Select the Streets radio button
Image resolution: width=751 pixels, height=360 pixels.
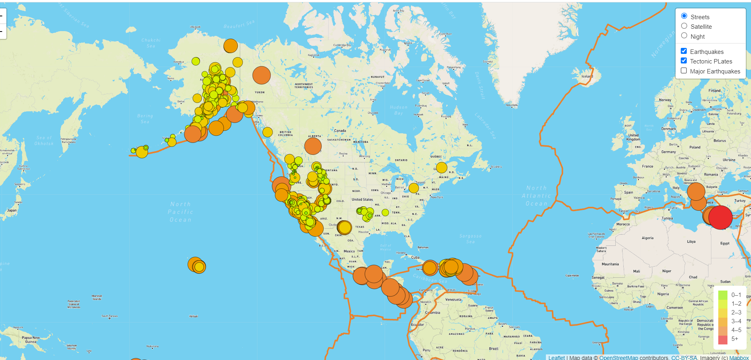pos(684,16)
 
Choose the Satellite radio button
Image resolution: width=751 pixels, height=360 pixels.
pos(684,26)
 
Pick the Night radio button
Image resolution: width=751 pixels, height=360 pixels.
pos(684,36)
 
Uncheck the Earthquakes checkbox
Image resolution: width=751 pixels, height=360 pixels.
pos(684,51)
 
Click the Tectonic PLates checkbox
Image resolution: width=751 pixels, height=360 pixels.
pos(684,61)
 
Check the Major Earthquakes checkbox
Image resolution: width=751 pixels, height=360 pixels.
pos(684,71)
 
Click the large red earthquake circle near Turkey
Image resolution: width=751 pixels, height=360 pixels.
pos(720,217)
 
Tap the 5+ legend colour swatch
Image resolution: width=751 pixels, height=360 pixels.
pos(723,339)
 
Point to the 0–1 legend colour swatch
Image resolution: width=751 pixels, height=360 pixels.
pos(723,295)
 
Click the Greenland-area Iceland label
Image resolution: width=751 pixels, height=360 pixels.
pos(587,76)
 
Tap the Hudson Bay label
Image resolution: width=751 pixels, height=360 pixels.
pos(398,110)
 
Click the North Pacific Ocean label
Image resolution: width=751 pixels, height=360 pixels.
pos(180,212)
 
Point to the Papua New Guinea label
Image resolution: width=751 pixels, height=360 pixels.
pos(31,340)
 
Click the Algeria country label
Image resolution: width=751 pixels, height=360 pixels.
pos(647,238)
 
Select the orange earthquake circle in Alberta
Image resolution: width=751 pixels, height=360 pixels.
pos(313,146)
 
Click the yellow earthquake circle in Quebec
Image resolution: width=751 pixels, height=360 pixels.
pos(441,168)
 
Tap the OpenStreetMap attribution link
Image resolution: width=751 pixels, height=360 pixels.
pos(618,358)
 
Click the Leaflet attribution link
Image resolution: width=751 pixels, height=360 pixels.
pos(556,358)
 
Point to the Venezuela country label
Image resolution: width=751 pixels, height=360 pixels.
pos(453,299)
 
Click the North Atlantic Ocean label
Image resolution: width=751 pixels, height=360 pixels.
pos(536,196)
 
